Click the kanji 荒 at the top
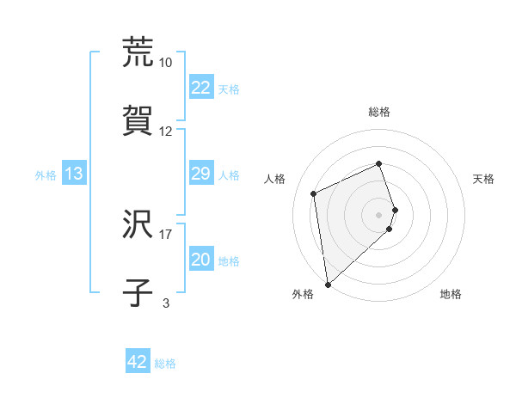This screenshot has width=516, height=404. coord(138,52)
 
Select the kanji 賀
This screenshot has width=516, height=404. coord(138,121)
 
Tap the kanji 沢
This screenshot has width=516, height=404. coord(138,223)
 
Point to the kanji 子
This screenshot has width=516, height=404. coord(138,292)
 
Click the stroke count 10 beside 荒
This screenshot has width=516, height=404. coord(166,62)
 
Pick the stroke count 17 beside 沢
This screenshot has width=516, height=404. coord(166,233)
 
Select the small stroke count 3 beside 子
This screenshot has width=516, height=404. coord(166,302)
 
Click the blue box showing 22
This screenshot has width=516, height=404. coord(200,88)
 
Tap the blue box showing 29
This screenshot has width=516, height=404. coord(200,174)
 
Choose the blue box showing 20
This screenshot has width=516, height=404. coord(200,260)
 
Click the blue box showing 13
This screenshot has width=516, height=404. coord(74,174)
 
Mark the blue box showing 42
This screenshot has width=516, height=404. coord(138,362)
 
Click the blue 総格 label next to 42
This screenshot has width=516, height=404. coord(166,364)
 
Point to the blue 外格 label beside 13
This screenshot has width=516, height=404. coord(46,175)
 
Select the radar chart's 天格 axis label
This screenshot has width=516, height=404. coord(484,179)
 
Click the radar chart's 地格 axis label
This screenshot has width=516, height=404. coord(451,294)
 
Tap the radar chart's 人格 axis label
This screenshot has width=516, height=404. coord(274,179)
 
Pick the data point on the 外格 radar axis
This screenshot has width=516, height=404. coord(328,284)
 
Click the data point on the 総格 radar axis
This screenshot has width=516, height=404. coord(379,164)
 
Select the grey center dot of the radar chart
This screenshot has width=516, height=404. coord(379,213)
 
